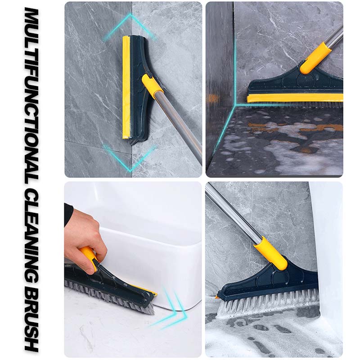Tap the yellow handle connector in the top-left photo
tap(152, 86)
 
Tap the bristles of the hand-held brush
tap(108, 297)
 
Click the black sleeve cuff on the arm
tap(68, 214)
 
